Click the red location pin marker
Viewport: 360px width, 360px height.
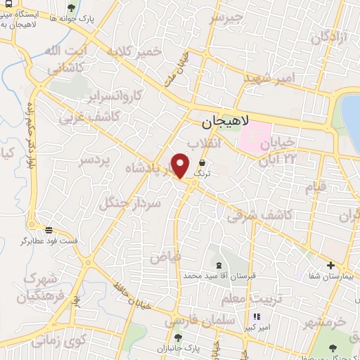tap(181, 164)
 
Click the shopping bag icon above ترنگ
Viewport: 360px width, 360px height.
tap(202, 162)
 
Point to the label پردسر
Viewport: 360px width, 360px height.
tap(94, 161)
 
